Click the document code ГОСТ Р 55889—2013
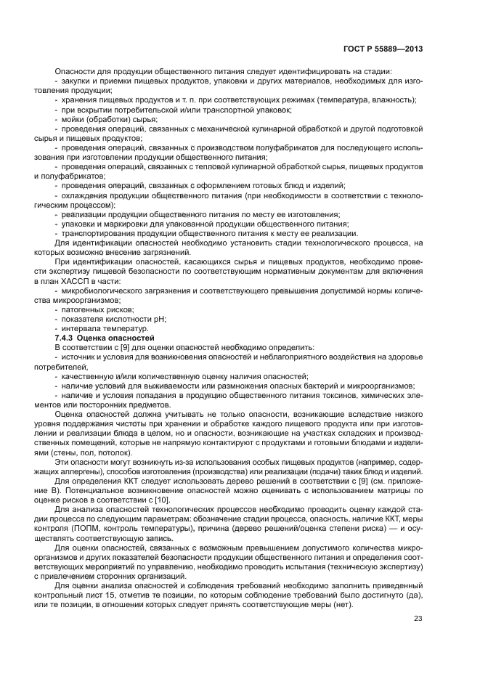coord(383,49)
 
